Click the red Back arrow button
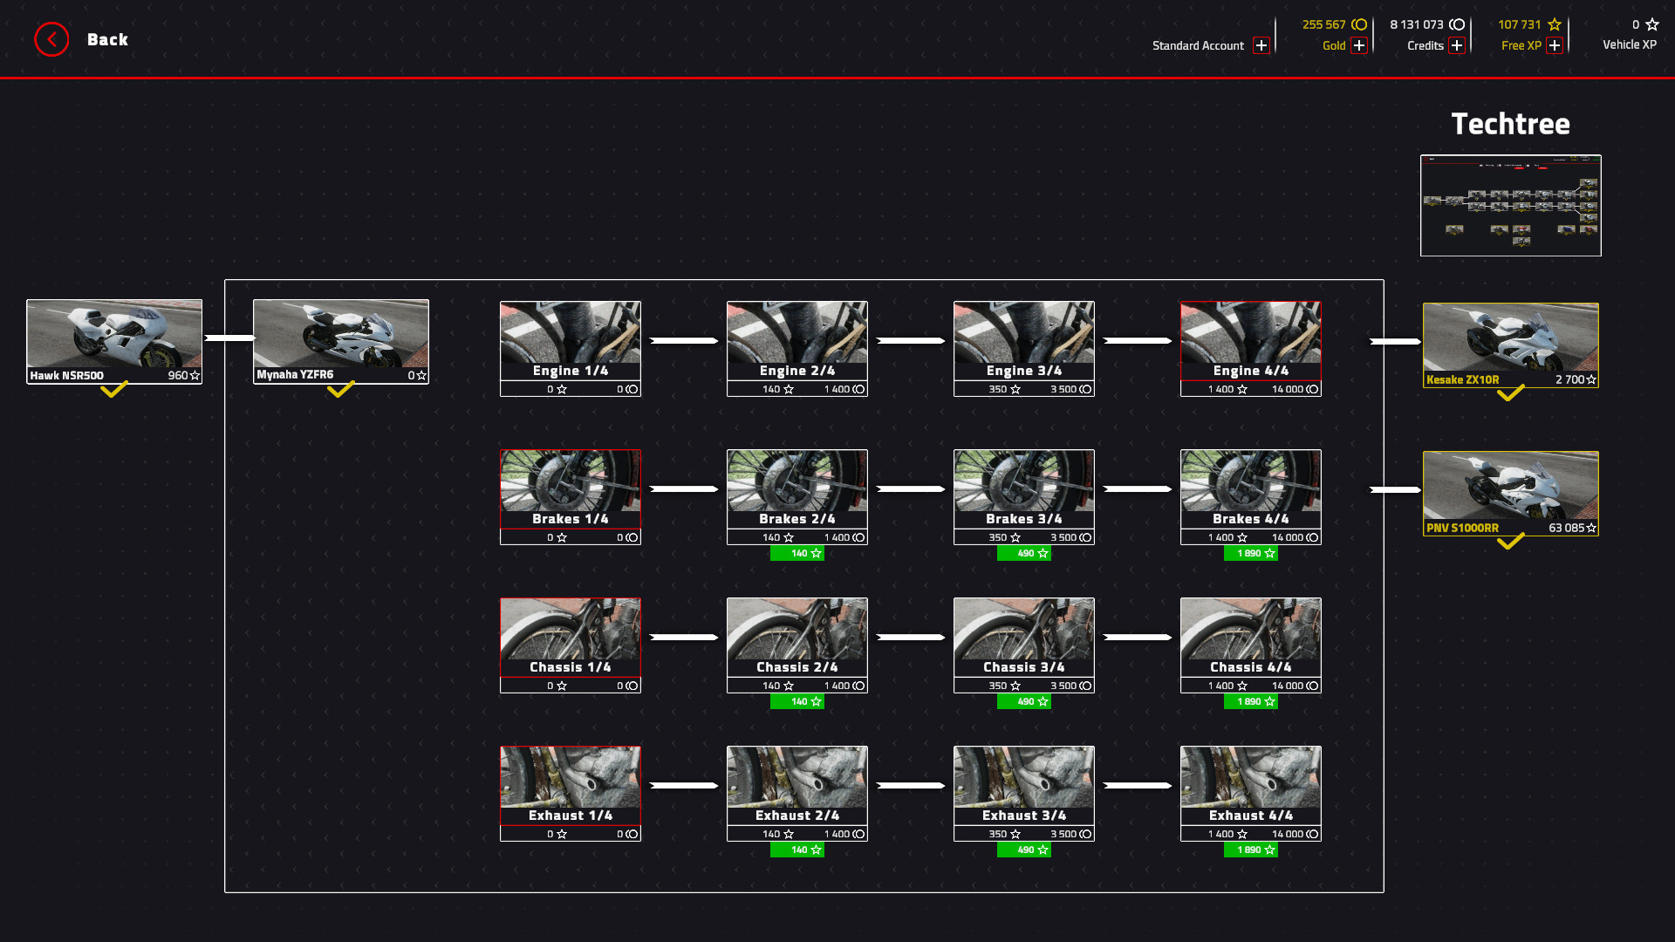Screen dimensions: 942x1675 pos(51,39)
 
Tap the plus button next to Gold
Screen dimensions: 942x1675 pos(1359,45)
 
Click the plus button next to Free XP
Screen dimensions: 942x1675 pos(1555,45)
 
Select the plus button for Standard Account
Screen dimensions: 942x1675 pos(1261,45)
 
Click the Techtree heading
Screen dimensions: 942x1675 pos(1510,124)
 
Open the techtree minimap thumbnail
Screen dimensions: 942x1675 pos(1510,205)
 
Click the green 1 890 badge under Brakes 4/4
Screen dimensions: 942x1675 pos(1250,553)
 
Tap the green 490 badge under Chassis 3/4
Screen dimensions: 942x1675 pos(1023,701)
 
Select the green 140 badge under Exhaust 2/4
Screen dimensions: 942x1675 pos(796,850)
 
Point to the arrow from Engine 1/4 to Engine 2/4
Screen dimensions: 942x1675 pos(684,340)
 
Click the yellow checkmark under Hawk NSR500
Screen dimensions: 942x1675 pos(114,389)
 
